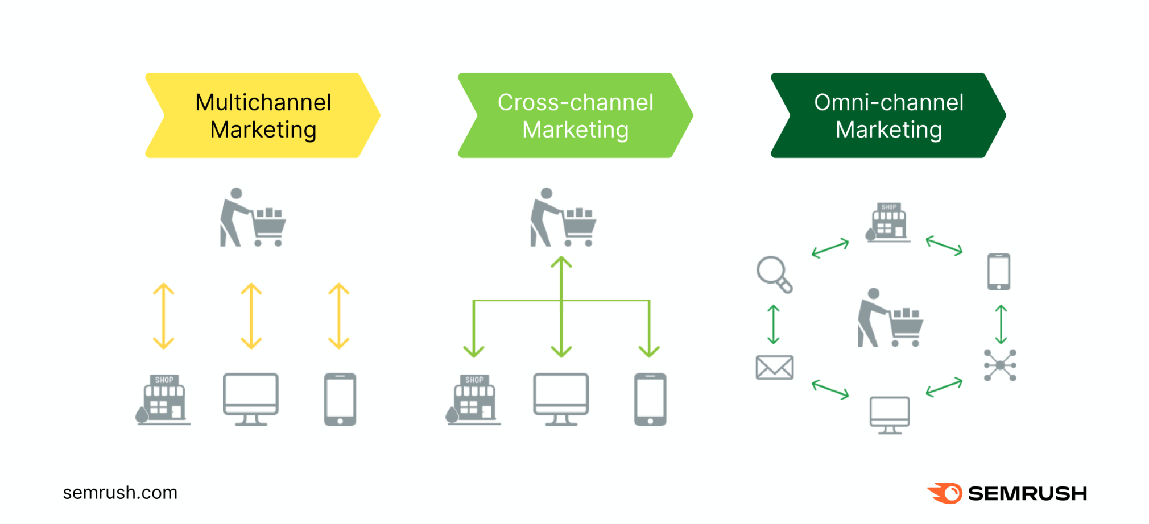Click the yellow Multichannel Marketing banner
263,115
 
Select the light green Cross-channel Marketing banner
575,115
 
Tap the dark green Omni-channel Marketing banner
888,115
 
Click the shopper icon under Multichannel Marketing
253,218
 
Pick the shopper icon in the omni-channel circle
890,318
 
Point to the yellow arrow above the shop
164,316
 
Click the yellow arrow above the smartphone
339,316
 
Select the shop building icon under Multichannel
164,400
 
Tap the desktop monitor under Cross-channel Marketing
561,399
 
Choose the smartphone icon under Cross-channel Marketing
650,399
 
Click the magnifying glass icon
774,275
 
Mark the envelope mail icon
774,367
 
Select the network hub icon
1000,365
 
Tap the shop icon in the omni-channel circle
888,222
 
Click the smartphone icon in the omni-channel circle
999,272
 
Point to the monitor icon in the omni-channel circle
890,415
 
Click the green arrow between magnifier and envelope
774,325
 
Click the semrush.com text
120,492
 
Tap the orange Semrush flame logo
945,493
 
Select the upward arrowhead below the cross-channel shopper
561,263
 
